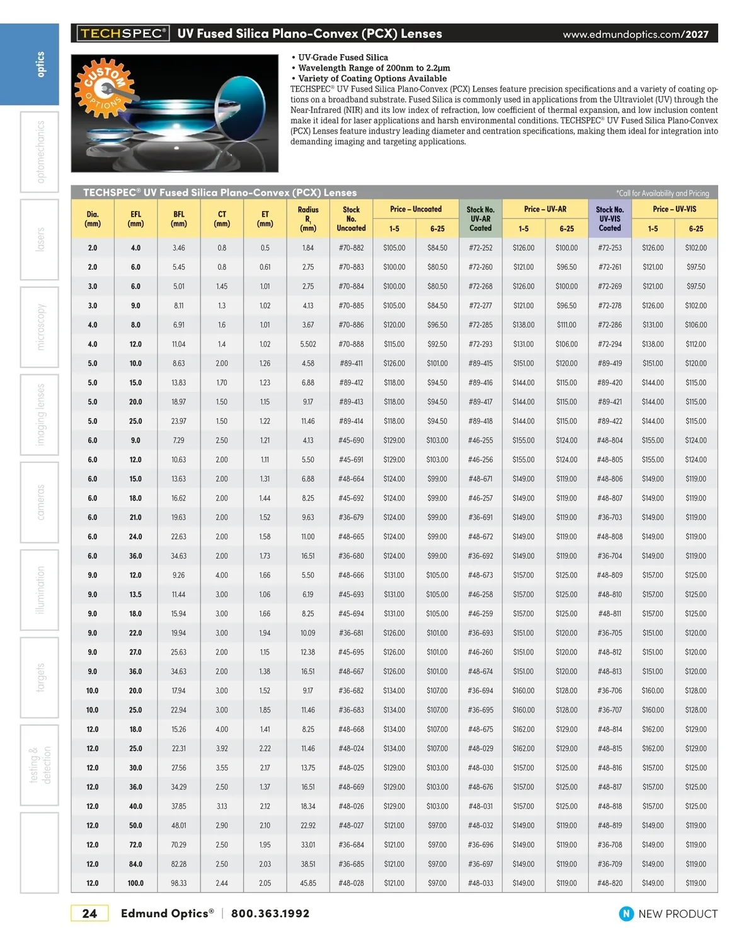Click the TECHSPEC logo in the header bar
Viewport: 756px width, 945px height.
123,33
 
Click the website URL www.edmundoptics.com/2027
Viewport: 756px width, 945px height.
636,34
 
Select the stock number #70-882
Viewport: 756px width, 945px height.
351,248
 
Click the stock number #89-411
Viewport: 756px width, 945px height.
351,364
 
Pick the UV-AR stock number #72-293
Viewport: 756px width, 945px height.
480,345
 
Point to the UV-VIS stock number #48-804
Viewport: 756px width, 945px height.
609,440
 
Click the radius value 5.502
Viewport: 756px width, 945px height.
308,345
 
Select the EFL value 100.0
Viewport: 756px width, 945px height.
135,883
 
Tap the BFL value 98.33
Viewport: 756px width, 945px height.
179,883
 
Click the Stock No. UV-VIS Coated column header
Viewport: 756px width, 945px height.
609,219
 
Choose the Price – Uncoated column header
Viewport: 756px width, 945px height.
416,209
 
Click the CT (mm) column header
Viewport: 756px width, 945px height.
222,219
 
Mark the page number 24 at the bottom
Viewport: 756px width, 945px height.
89,913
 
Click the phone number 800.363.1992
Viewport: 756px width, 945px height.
270,913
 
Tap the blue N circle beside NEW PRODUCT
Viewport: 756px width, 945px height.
626,913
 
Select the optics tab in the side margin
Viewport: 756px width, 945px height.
40,64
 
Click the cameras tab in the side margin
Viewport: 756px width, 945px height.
40,502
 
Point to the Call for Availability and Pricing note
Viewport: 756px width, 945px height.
662,193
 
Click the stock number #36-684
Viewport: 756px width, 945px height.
351,845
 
